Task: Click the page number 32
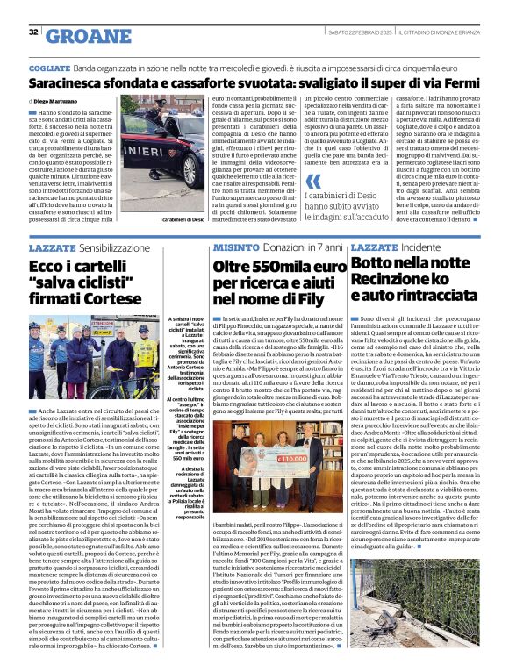tap(34, 32)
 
